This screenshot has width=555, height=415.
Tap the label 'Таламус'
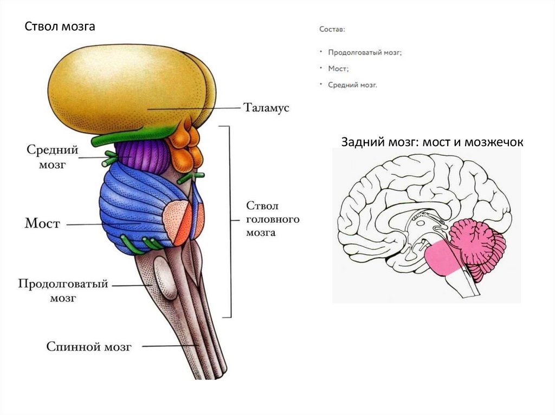266,108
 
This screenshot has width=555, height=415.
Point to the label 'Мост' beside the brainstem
42,223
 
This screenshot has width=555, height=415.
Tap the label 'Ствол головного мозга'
266,220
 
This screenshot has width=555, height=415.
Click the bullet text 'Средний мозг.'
352,85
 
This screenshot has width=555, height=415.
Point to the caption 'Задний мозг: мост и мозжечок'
432,142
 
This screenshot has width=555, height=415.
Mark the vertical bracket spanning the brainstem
230,222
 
